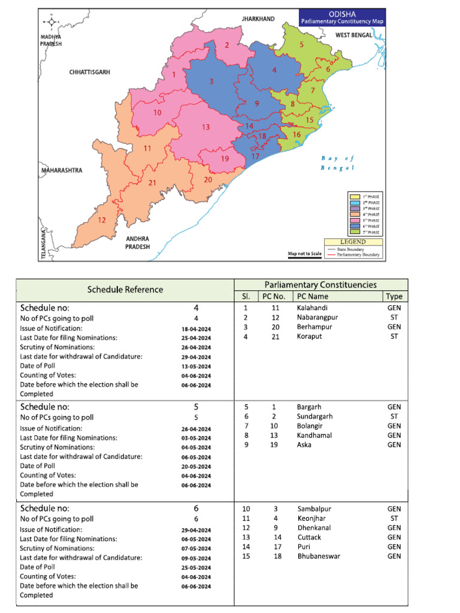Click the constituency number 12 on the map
pyautogui.click(x=102, y=220)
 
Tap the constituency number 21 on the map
pyautogui.click(x=152, y=183)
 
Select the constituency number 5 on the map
pyautogui.click(x=301, y=44)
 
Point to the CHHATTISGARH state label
pyautogui.click(x=90, y=72)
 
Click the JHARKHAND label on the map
pyautogui.click(x=258, y=19)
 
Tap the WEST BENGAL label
pyautogui.click(x=354, y=35)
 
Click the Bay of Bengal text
pyautogui.click(x=338, y=163)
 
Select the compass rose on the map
pyautogui.click(x=52, y=22)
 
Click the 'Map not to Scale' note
pyautogui.click(x=305, y=254)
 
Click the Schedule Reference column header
pyautogui.click(x=125, y=289)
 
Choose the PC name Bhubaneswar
pyautogui.click(x=317, y=556)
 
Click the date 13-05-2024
pyautogui.click(x=196, y=366)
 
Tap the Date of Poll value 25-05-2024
pyautogui.click(x=196, y=568)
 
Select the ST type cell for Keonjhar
pyautogui.click(x=395, y=518)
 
